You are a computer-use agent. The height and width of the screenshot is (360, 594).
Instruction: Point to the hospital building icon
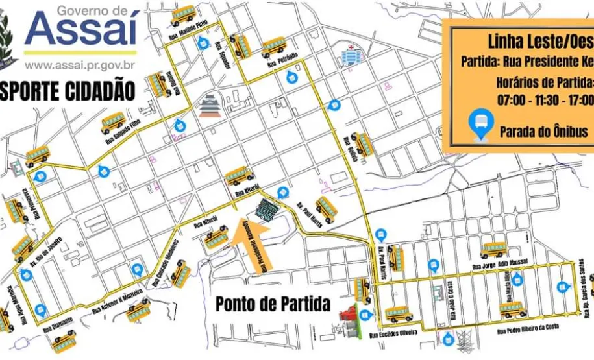coord(351,56)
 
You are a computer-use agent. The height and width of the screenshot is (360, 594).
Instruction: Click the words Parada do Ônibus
coord(543,131)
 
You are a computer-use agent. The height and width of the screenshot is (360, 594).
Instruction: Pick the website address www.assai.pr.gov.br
coord(80,65)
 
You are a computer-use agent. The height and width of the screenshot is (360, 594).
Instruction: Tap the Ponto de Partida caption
coord(273,304)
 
